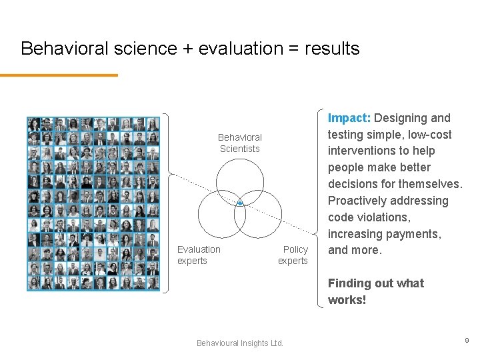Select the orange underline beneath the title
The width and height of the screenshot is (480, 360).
(59, 75)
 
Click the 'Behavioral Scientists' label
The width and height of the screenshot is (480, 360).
(240, 143)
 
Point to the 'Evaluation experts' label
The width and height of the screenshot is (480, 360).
(199, 255)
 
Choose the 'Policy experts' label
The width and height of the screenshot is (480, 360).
(293, 255)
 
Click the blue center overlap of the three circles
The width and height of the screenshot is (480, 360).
(240, 202)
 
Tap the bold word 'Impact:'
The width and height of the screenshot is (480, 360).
(349, 118)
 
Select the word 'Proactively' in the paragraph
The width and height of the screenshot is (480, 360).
(359, 201)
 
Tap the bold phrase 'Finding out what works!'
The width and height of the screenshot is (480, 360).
(375, 291)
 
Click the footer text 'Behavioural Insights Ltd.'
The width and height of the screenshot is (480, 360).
(240, 343)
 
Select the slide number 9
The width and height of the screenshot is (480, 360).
(467, 340)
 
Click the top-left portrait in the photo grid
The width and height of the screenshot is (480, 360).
(34, 124)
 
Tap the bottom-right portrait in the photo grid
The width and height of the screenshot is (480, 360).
(153, 283)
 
